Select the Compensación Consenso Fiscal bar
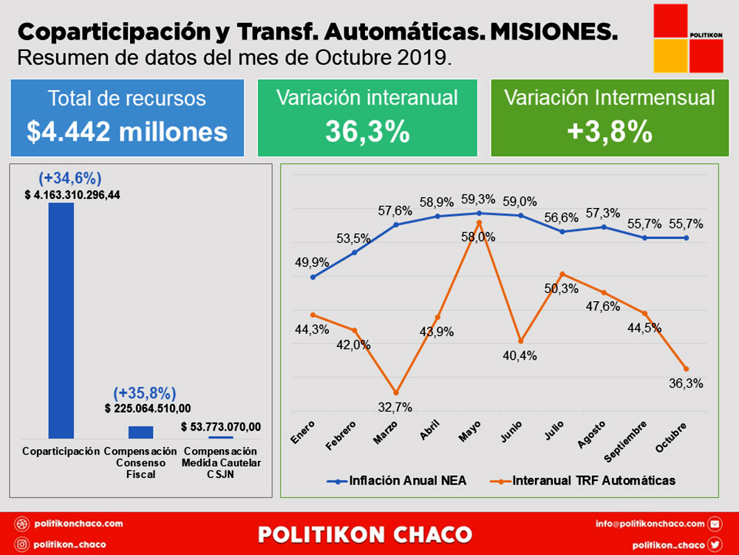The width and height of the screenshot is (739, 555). [140, 432]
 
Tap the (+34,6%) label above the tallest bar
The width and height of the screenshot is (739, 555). [69, 178]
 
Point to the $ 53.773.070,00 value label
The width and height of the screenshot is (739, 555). [220, 427]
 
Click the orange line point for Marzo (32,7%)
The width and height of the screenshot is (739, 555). [395, 393]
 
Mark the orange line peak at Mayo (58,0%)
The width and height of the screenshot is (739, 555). [479, 222]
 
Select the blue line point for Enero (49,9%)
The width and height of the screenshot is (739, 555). [313, 277]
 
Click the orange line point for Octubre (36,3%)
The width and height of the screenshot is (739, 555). [687, 369]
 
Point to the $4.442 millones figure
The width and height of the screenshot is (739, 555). [127, 132]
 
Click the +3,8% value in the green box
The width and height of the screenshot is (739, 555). [610, 132]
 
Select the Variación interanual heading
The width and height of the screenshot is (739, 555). [367, 98]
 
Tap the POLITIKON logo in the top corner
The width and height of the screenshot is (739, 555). [688, 38]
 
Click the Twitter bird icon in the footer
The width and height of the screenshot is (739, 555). [715, 544]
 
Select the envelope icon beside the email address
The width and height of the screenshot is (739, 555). [715, 523]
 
